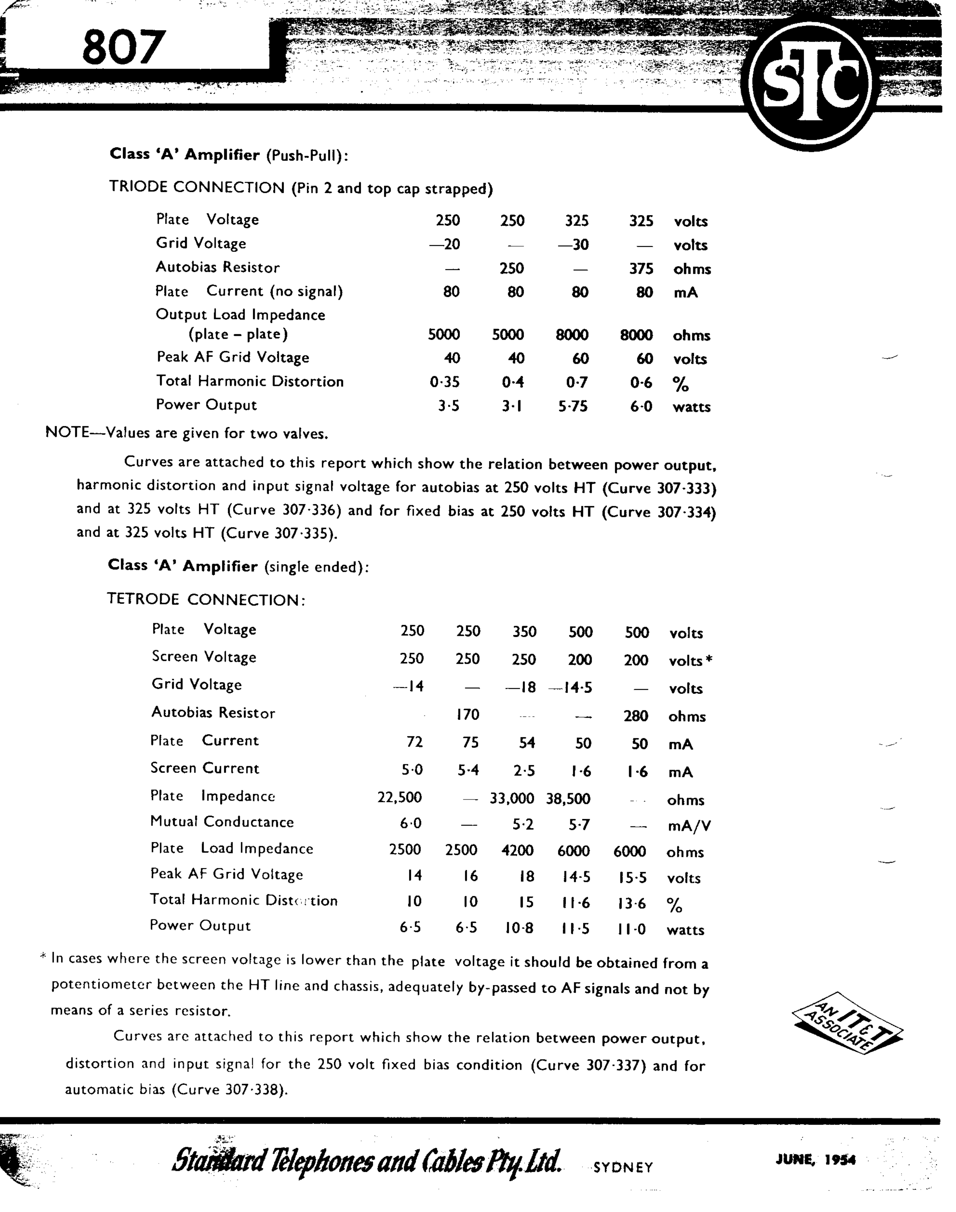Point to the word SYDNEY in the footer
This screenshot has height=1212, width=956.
[x=623, y=1167]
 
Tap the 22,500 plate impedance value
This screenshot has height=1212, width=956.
[x=400, y=798]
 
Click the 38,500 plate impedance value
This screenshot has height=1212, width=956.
[x=568, y=799]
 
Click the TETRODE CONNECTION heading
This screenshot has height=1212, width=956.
[x=206, y=600]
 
